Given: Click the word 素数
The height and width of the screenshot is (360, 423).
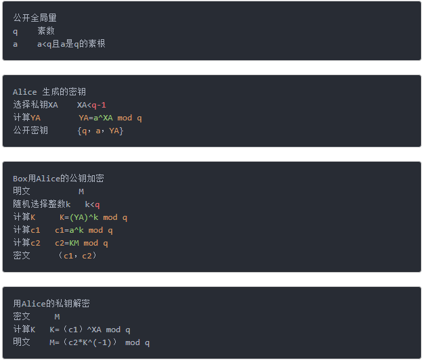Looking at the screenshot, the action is click(x=46, y=30).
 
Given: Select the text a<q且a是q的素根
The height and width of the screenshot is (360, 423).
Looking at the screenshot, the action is click(x=71, y=43).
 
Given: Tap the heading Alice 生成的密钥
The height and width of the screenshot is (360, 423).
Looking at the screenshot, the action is click(x=49, y=92).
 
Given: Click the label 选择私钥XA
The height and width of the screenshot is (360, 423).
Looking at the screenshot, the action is click(x=35, y=105).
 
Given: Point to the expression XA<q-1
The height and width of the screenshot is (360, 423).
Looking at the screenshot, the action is click(x=91, y=105).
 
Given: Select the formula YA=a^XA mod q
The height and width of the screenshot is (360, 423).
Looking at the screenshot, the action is click(x=110, y=118).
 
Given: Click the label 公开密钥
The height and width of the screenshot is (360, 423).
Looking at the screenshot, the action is click(x=30, y=131).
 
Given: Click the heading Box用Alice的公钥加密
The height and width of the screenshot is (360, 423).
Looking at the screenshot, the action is click(x=58, y=179).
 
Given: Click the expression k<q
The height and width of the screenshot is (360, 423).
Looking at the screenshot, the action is click(x=92, y=204).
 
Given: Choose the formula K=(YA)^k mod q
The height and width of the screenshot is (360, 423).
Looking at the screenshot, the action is click(x=93, y=217).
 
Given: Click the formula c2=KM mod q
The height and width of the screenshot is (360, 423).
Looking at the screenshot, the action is click(x=81, y=243).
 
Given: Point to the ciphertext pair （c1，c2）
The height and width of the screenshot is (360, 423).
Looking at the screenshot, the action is click(x=77, y=256).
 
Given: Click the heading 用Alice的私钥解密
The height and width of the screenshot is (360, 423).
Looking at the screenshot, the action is click(x=51, y=304).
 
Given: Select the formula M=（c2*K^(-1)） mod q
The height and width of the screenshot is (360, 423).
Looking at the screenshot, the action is click(x=99, y=342).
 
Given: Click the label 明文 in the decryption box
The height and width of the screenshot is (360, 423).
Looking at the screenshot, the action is click(x=22, y=342).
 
